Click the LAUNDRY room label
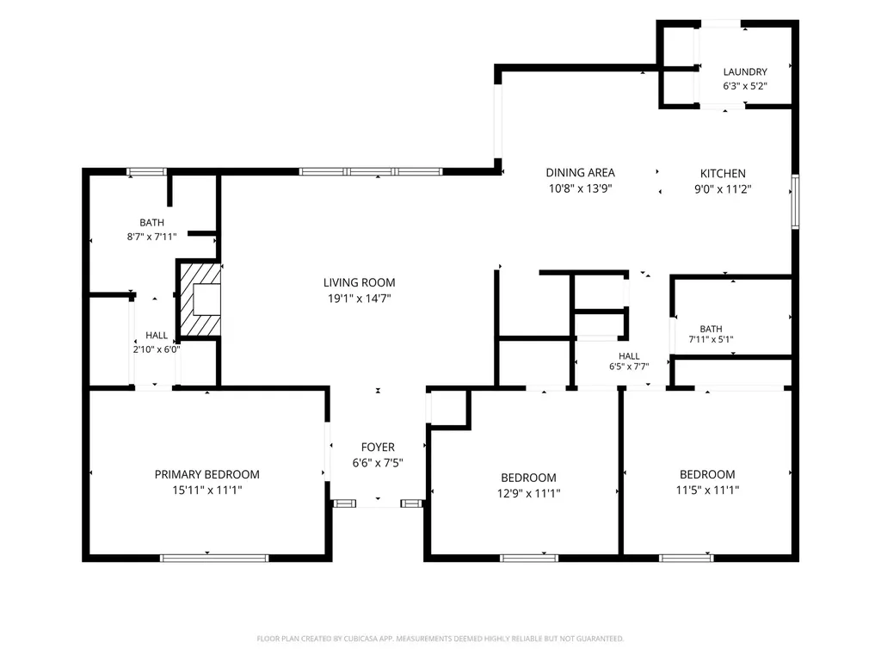tap(745, 72)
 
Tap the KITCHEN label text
tap(723, 174)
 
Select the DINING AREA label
tap(581, 172)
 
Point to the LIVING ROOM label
tap(359, 282)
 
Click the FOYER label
tap(378, 448)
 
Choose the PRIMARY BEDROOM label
tap(206, 474)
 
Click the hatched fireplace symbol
tap(200, 299)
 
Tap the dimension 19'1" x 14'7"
tap(359, 299)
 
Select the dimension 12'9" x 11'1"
tap(529, 493)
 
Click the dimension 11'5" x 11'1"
tap(707, 490)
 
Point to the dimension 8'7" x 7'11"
tap(151, 238)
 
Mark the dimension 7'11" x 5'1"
tap(711, 339)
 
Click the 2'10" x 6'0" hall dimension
tap(157, 349)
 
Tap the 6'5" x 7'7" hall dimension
tap(629, 367)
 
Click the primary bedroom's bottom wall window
tap(214, 558)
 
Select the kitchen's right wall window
tap(795, 201)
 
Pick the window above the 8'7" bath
tap(146, 171)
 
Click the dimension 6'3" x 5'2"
tap(745, 87)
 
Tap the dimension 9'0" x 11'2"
tap(723, 189)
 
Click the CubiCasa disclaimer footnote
tap(440, 639)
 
